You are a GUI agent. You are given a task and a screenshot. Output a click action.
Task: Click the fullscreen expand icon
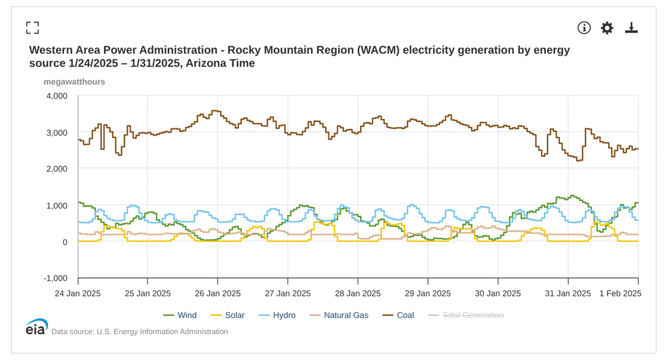click(32, 28)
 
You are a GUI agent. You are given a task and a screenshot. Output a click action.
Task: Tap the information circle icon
click(584, 28)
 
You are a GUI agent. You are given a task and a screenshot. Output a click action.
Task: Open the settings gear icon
click(607, 28)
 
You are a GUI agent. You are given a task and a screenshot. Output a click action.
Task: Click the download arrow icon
click(631, 28)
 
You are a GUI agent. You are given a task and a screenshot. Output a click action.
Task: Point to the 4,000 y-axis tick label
click(57, 96)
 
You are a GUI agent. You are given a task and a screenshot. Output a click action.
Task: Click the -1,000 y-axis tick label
click(56, 279)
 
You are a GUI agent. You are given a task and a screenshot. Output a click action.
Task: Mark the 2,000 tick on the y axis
click(57, 169)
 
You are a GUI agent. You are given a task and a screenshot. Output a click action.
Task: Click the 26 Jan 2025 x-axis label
click(218, 293)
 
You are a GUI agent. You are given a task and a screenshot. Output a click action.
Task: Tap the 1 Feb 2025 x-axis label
click(619, 293)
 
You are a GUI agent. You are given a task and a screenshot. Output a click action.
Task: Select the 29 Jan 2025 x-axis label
click(428, 293)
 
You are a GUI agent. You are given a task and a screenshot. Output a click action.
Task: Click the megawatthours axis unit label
click(74, 82)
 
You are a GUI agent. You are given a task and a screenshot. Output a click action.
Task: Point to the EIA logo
click(36, 327)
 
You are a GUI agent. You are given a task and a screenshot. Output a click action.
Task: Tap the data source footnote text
click(139, 332)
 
